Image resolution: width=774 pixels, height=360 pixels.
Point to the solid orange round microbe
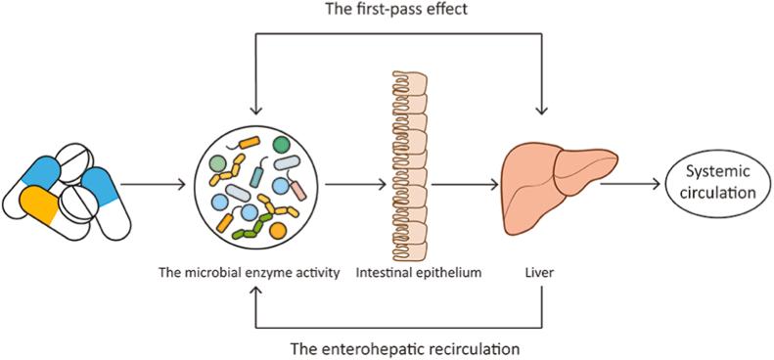[278, 232]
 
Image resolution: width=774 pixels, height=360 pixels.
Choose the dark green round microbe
[281, 146]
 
